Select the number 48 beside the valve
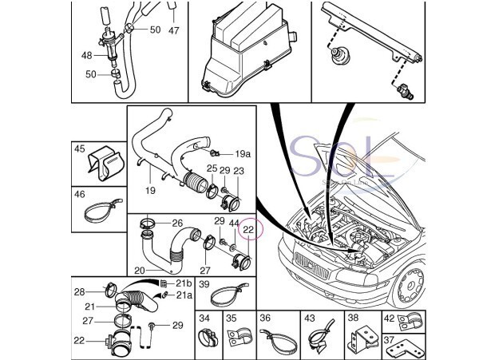86,56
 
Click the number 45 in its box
80,148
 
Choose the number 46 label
80,193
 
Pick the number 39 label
204,284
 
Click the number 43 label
310,318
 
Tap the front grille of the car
308,263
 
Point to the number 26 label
177,223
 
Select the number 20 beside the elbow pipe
139,271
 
